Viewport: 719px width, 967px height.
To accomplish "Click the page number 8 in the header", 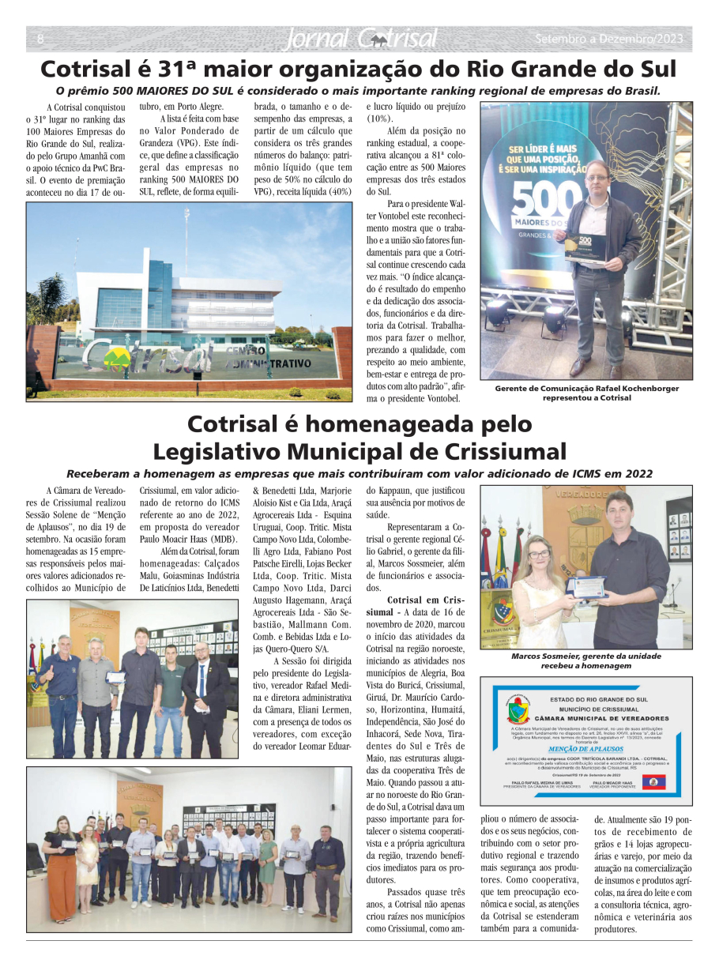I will (x=40, y=39).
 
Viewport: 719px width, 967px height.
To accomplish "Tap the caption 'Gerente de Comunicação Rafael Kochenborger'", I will (x=586, y=388).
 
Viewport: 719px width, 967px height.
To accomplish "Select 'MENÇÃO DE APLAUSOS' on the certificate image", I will (x=586, y=747).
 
